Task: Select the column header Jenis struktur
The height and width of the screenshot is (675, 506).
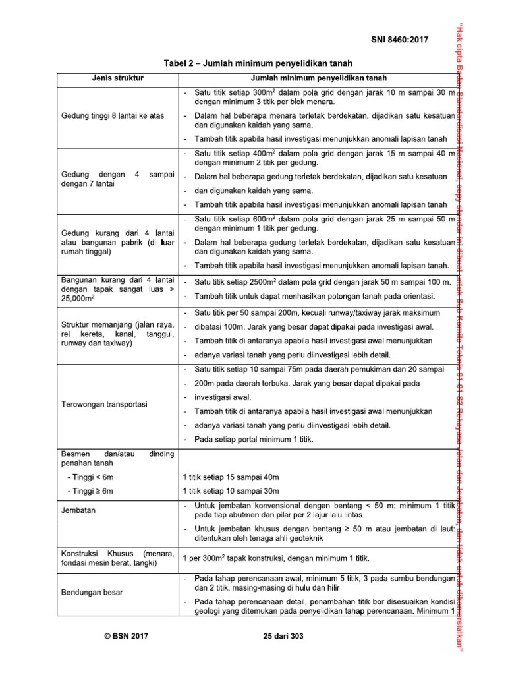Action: (x=117, y=78)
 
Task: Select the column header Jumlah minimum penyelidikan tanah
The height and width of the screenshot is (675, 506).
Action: (x=318, y=78)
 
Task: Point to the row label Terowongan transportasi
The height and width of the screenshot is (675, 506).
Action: (x=103, y=403)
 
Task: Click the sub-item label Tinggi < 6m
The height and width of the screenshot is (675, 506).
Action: (x=89, y=477)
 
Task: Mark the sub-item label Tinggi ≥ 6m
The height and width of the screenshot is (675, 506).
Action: (x=89, y=491)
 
